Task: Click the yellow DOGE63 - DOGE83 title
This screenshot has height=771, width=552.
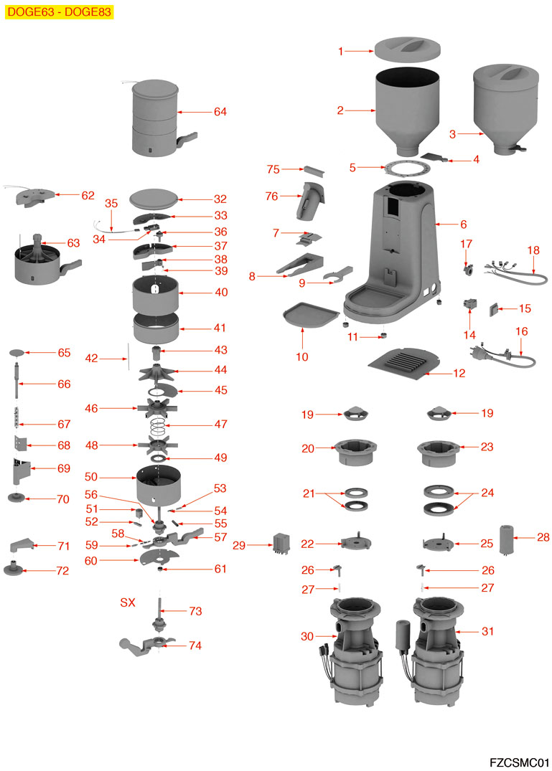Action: tap(60, 12)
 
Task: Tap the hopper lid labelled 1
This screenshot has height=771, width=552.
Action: tap(407, 49)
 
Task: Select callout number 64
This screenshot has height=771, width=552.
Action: tap(220, 112)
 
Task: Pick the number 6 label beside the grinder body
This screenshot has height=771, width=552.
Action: tap(464, 224)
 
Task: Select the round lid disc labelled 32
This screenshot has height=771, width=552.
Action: tap(153, 198)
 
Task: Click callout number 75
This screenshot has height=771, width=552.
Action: tap(273, 169)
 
